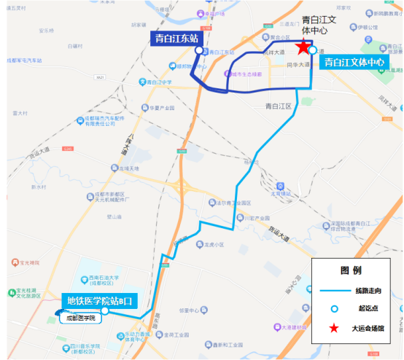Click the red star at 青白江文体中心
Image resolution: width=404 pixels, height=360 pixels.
[x=302, y=47]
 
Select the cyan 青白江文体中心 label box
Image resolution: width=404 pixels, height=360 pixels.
[x=354, y=63]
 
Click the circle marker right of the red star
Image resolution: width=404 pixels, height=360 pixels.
[x=313, y=51]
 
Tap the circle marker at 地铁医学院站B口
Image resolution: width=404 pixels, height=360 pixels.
[x=106, y=311]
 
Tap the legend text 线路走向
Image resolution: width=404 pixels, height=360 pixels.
[x=368, y=290]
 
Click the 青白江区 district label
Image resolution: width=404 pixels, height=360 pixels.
[x=278, y=106]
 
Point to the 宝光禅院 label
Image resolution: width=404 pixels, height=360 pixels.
[x=29, y=262]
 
